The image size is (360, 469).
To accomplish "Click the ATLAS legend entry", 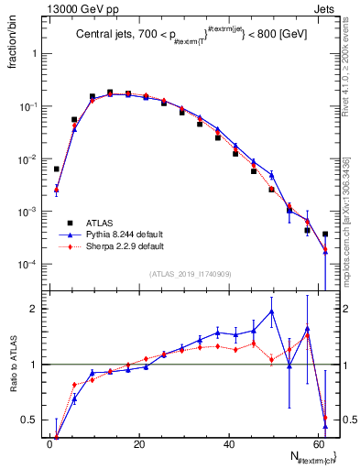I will click(x=99, y=223).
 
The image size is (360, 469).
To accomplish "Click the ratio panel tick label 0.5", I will click(x=30, y=420).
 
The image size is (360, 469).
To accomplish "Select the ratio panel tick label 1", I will click(x=35, y=365).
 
